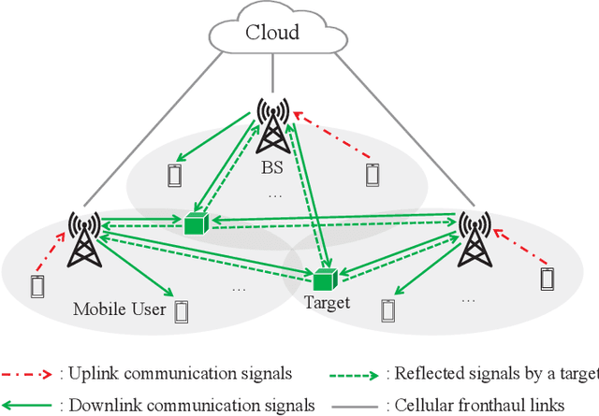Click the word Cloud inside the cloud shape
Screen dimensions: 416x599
click(x=271, y=33)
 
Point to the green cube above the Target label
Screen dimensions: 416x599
click(x=325, y=279)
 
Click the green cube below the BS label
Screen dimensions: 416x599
click(x=196, y=225)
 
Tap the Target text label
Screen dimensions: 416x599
click(x=327, y=303)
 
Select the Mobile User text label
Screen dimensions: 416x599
click(x=119, y=308)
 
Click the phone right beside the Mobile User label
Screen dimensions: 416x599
click(x=181, y=309)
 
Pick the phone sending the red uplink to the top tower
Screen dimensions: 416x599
click(x=373, y=173)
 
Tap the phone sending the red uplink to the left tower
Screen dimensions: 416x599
click(x=37, y=286)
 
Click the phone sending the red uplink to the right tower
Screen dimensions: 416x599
click(x=547, y=279)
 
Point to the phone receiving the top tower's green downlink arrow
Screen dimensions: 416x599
click(x=173, y=175)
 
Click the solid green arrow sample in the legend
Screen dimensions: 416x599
click(x=28, y=404)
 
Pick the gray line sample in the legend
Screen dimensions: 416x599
click(x=356, y=404)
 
